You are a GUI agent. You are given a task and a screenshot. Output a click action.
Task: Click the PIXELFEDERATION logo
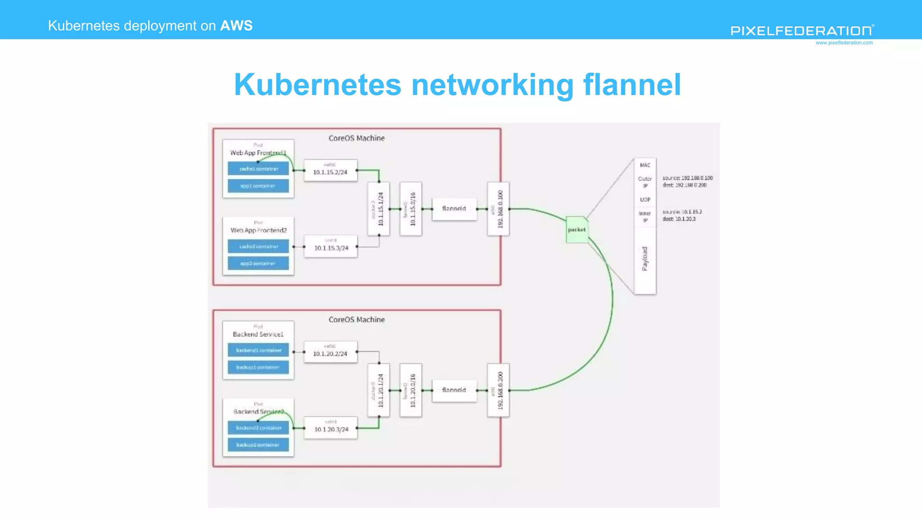click(x=802, y=31)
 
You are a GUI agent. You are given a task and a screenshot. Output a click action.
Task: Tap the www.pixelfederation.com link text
click(x=844, y=43)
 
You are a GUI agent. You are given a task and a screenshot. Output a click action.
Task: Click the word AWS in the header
click(x=236, y=26)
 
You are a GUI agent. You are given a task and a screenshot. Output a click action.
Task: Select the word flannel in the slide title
click(x=632, y=85)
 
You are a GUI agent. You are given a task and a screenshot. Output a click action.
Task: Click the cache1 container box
click(x=258, y=169)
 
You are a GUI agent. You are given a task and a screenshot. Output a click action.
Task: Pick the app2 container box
click(x=258, y=264)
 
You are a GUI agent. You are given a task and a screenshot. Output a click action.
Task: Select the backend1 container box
click(x=258, y=350)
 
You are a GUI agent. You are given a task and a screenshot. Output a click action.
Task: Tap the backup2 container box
click(x=258, y=445)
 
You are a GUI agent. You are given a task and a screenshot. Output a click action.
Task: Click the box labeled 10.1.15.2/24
click(x=330, y=170)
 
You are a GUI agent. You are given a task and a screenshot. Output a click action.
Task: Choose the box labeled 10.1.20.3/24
click(x=331, y=428)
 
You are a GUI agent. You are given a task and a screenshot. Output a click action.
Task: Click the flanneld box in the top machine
click(x=454, y=209)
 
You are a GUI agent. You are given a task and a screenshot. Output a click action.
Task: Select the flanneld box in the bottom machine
click(x=454, y=390)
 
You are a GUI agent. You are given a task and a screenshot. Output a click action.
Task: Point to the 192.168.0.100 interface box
click(x=498, y=209)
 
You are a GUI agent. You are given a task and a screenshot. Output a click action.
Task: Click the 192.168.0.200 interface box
click(x=498, y=390)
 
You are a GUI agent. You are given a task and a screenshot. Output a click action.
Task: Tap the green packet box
click(x=577, y=230)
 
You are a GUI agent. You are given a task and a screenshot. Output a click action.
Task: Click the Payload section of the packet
click(x=645, y=259)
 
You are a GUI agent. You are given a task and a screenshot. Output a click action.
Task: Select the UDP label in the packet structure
click(x=645, y=200)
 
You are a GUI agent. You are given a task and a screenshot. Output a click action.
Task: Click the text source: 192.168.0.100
click(x=687, y=178)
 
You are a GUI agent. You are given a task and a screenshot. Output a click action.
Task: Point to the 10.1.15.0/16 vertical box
click(x=411, y=209)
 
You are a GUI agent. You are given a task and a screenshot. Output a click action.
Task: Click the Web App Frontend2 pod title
click(x=258, y=230)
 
